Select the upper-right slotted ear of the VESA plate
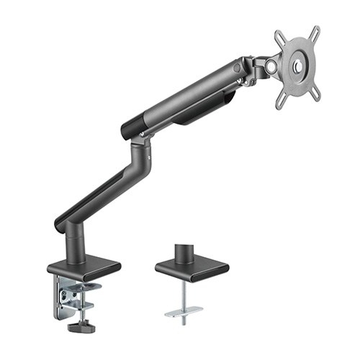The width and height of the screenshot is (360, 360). click(x=315, y=32)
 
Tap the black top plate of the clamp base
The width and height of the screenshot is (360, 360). click(x=84, y=269)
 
